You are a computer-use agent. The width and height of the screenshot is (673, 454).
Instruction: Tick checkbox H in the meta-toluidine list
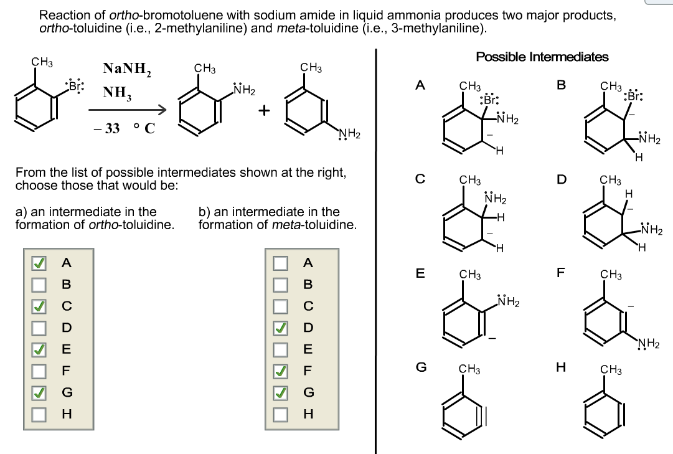(281, 414)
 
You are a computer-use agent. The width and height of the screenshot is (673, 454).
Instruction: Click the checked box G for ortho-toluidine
(40, 392)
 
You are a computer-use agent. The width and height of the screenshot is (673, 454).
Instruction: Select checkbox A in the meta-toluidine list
(281, 263)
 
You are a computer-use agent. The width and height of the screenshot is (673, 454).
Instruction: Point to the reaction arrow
(128, 111)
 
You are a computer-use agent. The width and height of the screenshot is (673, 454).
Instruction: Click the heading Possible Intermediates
(542, 57)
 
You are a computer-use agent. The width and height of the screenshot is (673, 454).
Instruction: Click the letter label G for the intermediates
(421, 367)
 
